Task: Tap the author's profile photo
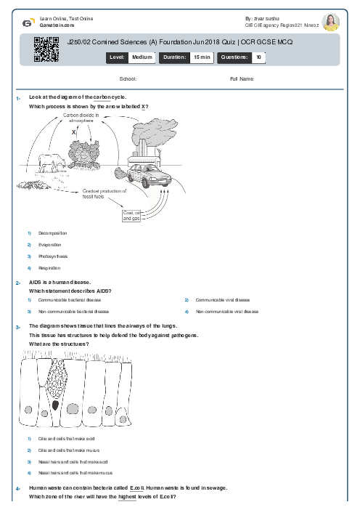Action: pyautogui.click(x=330, y=23)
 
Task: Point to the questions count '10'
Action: pyautogui.click(x=259, y=56)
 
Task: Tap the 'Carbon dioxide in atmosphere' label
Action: pyautogui.click(x=83, y=118)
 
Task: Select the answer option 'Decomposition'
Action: pyautogui.click(x=52, y=233)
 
